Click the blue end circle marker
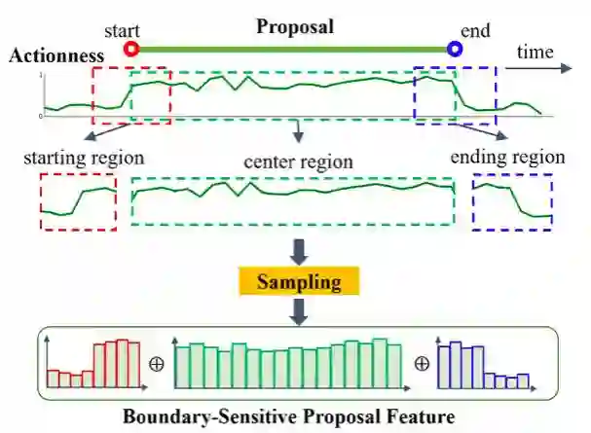tap(454, 48)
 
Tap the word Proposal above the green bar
tap(295, 26)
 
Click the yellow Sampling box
tap(299, 282)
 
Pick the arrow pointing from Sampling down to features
tap(299, 311)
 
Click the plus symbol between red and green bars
tap(155, 364)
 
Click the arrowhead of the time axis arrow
tap(567, 69)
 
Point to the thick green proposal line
tap(292, 48)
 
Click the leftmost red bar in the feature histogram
tap(53, 379)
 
